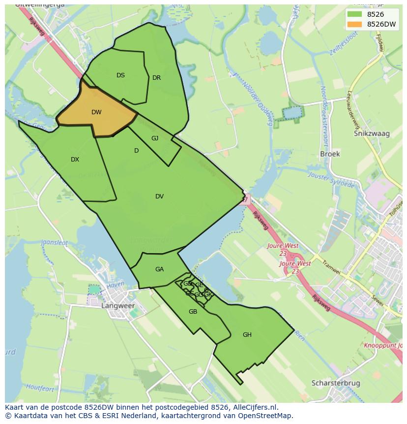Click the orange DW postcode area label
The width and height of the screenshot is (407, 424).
point(96,112)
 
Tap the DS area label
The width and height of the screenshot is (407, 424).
point(120,75)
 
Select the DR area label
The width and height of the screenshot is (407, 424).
point(156,78)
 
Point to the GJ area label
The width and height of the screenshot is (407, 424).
point(155,138)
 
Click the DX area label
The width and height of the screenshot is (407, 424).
point(75,160)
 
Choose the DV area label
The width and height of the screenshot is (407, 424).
point(159,196)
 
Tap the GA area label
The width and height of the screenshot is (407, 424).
point(159,269)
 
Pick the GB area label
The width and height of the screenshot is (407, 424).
point(193,312)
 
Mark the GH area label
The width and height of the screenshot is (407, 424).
point(247,335)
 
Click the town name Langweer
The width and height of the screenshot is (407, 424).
point(118,306)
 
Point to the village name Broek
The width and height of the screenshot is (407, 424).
point(330,154)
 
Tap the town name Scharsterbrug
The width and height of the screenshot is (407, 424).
point(336,383)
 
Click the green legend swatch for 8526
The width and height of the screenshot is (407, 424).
point(353,14)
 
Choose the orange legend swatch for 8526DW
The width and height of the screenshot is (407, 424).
point(353,24)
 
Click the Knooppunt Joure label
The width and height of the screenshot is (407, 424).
point(384,345)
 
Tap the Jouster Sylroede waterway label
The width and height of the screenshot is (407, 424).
point(331,180)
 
